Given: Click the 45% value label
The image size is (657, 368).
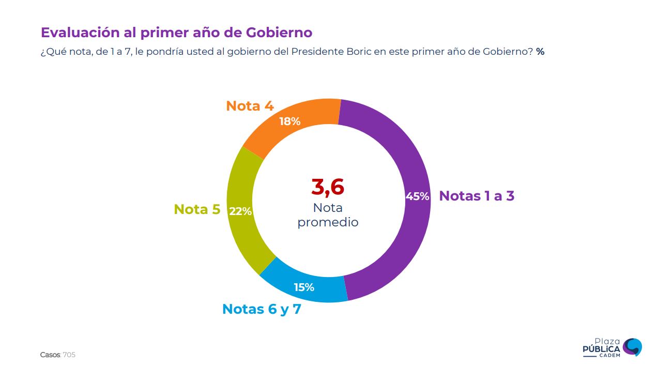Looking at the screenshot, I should point(417,196).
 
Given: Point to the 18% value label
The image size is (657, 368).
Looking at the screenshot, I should point(289,121).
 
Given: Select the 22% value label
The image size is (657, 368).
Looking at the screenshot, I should point(240,211).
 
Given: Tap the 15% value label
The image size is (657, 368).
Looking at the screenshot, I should point(304,287).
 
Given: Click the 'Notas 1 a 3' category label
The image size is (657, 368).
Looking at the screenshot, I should point(477,196).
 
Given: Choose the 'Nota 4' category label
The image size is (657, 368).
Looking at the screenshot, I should point(250,106).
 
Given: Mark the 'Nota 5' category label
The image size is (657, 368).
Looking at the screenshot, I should point(197,209).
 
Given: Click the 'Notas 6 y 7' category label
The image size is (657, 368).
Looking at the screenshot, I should point(262,309).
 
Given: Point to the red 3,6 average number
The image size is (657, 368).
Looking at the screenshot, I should point(328,187).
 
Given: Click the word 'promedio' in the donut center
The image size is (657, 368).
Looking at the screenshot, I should point(328,223).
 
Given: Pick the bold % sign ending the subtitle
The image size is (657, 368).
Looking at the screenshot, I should point(540,52).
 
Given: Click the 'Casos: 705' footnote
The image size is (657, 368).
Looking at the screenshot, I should point(58,355).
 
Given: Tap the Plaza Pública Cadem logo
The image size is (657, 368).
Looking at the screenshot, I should point(613,347).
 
